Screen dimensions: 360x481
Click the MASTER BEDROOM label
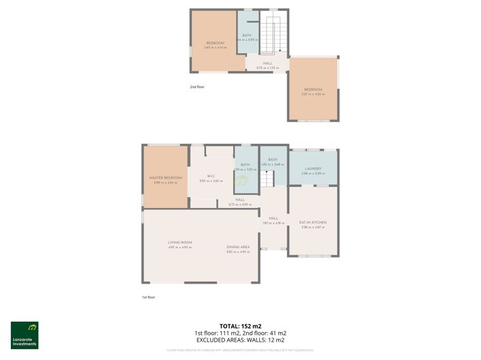tap(166, 178)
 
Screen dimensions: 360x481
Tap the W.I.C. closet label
tap(212, 176)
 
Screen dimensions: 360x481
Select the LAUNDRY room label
tap(313, 168)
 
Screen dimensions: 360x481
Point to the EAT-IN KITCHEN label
tap(313, 222)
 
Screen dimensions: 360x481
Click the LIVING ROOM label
tap(180, 243)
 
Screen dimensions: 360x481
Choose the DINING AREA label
tap(238, 247)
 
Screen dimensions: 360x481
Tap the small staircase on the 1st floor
tap(267, 179)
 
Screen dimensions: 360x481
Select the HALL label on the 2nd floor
tap(267, 63)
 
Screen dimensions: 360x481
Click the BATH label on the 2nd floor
tap(246, 35)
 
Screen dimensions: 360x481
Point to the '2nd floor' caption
tap(197, 87)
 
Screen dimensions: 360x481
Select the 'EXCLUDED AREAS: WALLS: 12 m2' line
tap(240, 340)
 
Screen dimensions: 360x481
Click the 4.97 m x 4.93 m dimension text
tap(180, 247)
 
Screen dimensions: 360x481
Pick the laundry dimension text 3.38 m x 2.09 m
tap(313, 173)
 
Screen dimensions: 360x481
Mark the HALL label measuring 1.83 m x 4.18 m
tap(274, 218)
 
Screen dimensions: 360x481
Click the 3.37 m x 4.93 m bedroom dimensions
tap(313, 95)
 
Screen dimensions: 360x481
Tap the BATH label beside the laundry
tap(272, 160)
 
